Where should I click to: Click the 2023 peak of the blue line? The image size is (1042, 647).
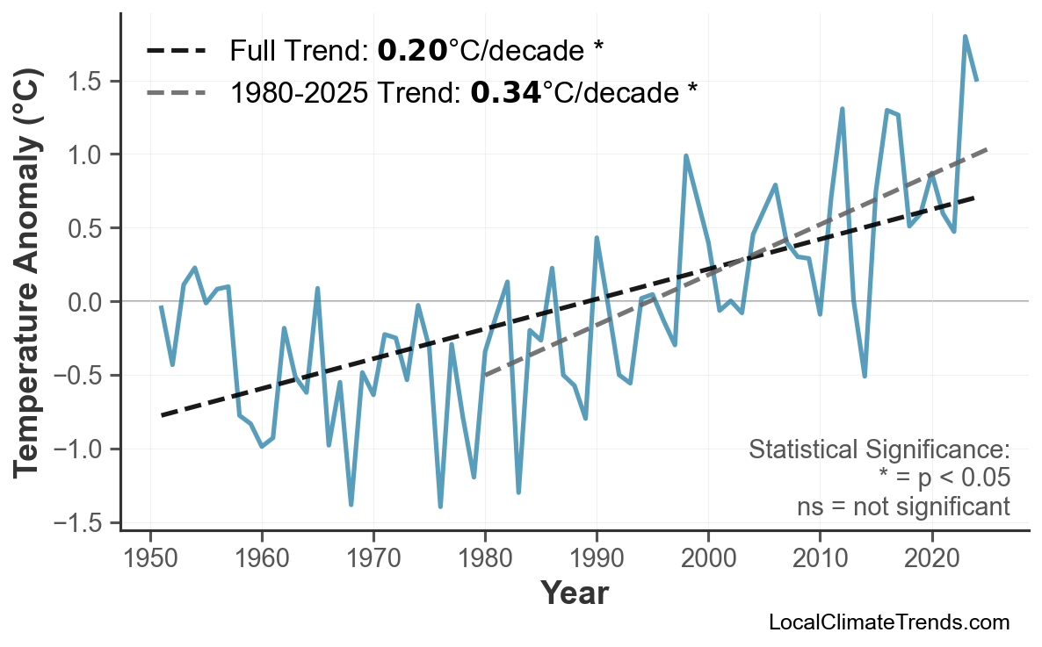pyautogui.click(x=966, y=37)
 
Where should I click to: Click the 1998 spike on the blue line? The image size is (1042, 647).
pyautogui.click(x=686, y=156)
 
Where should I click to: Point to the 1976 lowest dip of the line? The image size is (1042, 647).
pyautogui.click(x=440, y=507)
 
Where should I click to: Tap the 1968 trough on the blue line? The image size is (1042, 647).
pyautogui.click(x=351, y=505)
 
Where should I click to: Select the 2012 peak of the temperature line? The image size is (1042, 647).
pyautogui.click(x=843, y=109)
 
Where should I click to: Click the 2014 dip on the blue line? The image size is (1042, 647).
pyautogui.click(x=865, y=376)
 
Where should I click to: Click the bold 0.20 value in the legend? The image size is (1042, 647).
pyautogui.click(x=412, y=51)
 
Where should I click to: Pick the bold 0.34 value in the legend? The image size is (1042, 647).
pyautogui.click(x=505, y=91)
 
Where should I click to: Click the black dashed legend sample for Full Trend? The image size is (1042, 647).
pyautogui.click(x=176, y=51)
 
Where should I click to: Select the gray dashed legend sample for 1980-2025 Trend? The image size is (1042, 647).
pyautogui.click(x=176, y=91)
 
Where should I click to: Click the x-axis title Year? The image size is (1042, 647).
pyautogui.click(x=574, y=593)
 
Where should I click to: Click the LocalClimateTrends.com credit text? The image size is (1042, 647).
pyautogui.click(x=888, y=622)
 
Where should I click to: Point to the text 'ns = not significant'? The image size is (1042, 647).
pyautogui.click(x=903, y=507)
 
